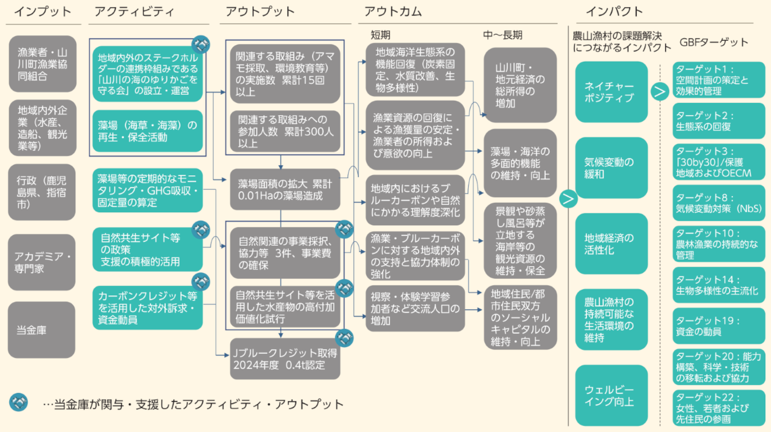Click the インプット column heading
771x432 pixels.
coord(42,12)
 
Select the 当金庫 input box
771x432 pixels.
coord(41,330)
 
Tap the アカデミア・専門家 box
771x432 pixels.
coord(41,262)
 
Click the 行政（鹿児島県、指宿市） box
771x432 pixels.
coord(41,192)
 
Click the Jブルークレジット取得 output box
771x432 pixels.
coord(285,358)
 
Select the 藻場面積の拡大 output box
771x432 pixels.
coord(285,189)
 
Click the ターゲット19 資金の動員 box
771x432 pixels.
coord(719,326)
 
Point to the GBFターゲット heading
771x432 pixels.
coord(714,42)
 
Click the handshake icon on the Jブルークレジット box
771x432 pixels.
coord(345,336)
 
